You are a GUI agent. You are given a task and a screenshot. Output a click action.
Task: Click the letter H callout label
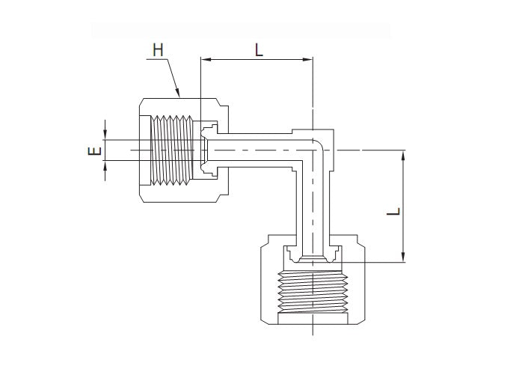(157, 50)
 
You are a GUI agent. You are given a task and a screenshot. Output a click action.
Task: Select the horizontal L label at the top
(258, 50)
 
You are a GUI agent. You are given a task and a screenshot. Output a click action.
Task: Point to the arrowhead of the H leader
(178, 94)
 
